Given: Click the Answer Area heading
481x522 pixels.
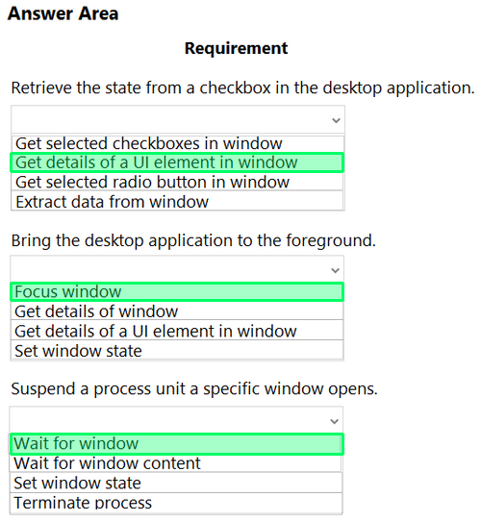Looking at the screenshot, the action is click(63, 13).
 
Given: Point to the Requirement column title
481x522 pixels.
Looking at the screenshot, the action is click(236, 48).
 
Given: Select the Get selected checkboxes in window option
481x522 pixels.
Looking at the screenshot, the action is click(148, 143).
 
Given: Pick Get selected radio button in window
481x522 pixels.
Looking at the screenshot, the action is click(152, 182).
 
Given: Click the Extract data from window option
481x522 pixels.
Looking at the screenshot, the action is click(112, 202).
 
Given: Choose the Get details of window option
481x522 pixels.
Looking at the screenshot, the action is click(96, 311).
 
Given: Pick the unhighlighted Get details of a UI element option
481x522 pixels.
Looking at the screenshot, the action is click(155, 332).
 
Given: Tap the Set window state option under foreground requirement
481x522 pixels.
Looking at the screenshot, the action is click(78, 351).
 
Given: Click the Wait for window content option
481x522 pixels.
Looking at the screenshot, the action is click(107, 463).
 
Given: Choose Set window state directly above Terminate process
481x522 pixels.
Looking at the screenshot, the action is click(77, 483).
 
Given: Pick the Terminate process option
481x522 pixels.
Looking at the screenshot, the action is click(83, 503).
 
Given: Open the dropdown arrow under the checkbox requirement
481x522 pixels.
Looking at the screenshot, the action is click(336, 120).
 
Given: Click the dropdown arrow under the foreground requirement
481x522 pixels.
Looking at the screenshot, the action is click(336, 270).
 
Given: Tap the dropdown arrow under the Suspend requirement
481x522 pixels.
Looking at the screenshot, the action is click(335, 421).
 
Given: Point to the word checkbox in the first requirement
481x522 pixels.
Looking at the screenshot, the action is click(235, 87).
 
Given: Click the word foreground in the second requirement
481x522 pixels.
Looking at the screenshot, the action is click(331, 240).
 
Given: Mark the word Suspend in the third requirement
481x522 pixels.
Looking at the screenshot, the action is click(43, 388).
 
